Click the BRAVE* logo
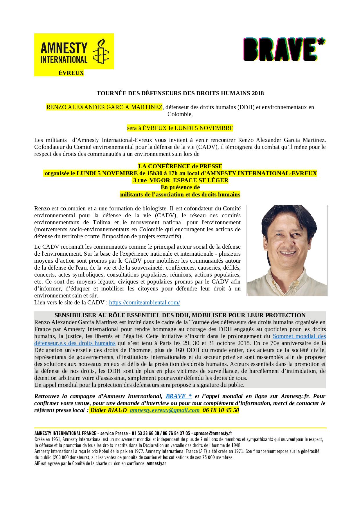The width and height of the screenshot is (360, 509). [284, 50]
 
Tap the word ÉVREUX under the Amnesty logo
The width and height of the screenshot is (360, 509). [71, 73]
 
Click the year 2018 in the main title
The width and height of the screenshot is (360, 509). [258, 93]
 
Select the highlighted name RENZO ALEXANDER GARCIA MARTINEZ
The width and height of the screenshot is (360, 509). [104, 107]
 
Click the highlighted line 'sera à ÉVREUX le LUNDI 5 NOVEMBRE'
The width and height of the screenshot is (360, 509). [180, 128]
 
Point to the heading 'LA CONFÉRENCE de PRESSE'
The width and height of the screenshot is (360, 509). [180, 166]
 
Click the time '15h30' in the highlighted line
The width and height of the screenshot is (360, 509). [147, 173]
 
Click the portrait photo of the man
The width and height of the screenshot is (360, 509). [287, 250]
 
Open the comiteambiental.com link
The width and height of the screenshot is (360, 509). [145, 302]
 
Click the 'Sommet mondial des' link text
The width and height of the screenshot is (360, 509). [299, 336]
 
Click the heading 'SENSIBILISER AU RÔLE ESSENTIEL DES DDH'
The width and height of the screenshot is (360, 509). [180, 315]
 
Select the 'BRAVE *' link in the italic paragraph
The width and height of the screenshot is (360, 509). [179, 396]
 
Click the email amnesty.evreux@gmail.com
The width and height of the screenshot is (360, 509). [165, 410]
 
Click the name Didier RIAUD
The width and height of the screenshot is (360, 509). [109, 410]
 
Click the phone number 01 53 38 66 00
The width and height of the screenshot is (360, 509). [145, 433]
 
